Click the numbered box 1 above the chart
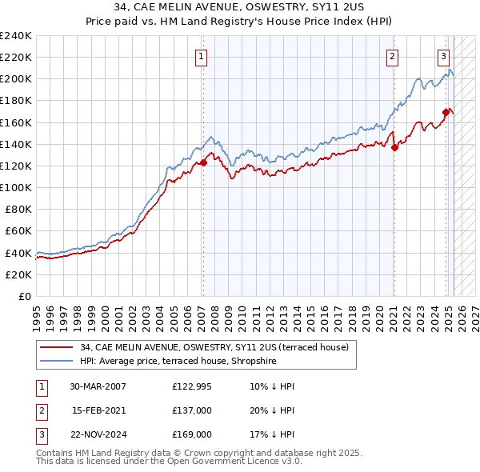click(x=200, y=56)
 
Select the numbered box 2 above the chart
click(x=393, y=56)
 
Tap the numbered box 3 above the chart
click(x=443, y=56)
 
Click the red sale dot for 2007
click(x=203, y=162)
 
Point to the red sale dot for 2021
click(x=394, y=146)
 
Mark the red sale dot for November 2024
click(x=446, y=112)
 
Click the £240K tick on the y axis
click(x=16, y=36)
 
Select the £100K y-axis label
click(x=16, y=187)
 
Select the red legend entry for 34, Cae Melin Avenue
click(x=214, y=347)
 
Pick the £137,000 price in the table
click(x=192, y=410)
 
